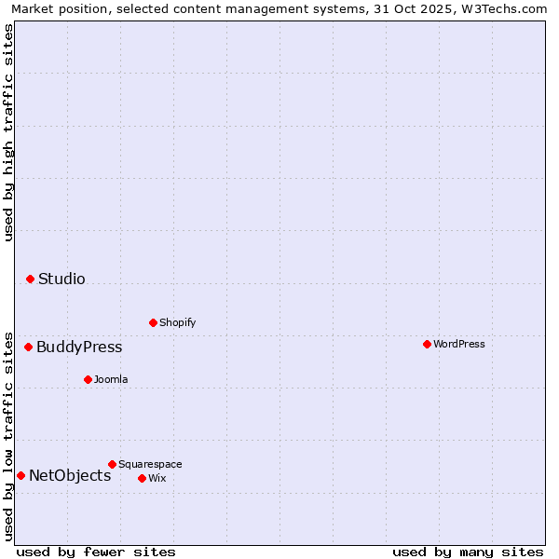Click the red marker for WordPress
[x=427, y=344]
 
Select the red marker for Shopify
[x=153, y=322]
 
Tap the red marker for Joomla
[x=88, y=379]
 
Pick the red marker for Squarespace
[x=112, y=464]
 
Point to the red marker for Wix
[x=142, y=478]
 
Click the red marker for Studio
[x=30, y=279]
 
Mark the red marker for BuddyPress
[x=28, y=347]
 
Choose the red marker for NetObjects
[x=20, y=475]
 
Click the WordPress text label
[x=459, y=344]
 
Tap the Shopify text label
[x=178, y=322]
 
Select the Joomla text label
[x=111, y=379]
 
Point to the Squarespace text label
[x=150, y=464]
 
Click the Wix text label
[x=157, y=478]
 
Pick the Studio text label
[x=61, y=279]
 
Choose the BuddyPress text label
[x=79, y=347]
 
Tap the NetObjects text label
[x=70, y=475]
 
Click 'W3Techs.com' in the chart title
[x=507, y=8]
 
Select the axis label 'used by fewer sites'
[x=96, y=552]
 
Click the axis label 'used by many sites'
[x=468, y=552]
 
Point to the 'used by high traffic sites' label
[x=8, y=132]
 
